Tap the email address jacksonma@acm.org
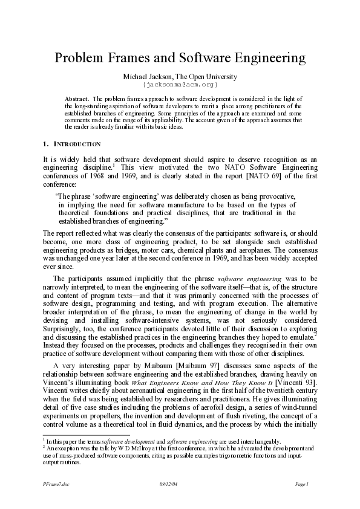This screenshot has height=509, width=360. coord(180,85)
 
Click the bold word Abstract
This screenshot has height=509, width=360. coord(77,98)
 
